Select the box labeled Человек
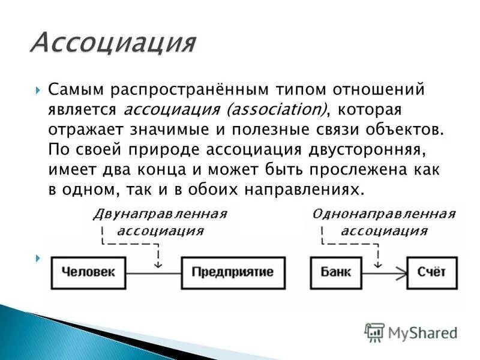(90, 272)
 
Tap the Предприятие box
(233, 272)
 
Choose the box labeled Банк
(331, 272)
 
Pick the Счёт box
(431, 272)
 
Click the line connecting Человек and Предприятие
(156, 273)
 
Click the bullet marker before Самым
(38, 91)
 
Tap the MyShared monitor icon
(375, 332)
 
